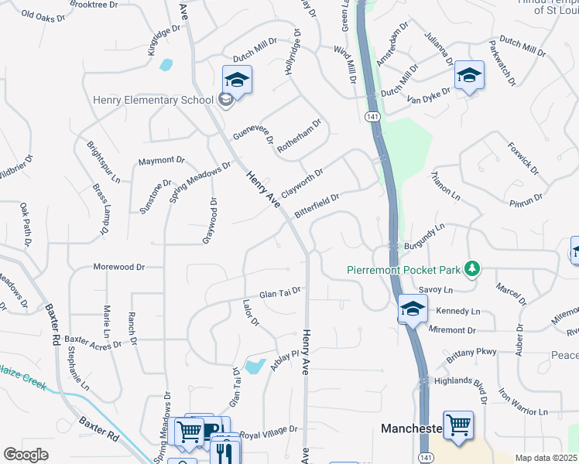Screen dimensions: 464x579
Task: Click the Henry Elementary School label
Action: (x=152, y=100)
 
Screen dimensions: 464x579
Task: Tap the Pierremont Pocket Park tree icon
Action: (x=471, y=270)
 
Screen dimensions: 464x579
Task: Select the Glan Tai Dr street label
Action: (x=279, y=294)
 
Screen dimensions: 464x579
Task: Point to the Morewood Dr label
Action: (x=118, y=267)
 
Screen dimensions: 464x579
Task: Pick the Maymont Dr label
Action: (x=161, y=161)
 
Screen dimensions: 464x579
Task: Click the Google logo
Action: (x=26, y=455)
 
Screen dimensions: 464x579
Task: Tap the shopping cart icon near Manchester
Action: (x=458, y=425)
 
